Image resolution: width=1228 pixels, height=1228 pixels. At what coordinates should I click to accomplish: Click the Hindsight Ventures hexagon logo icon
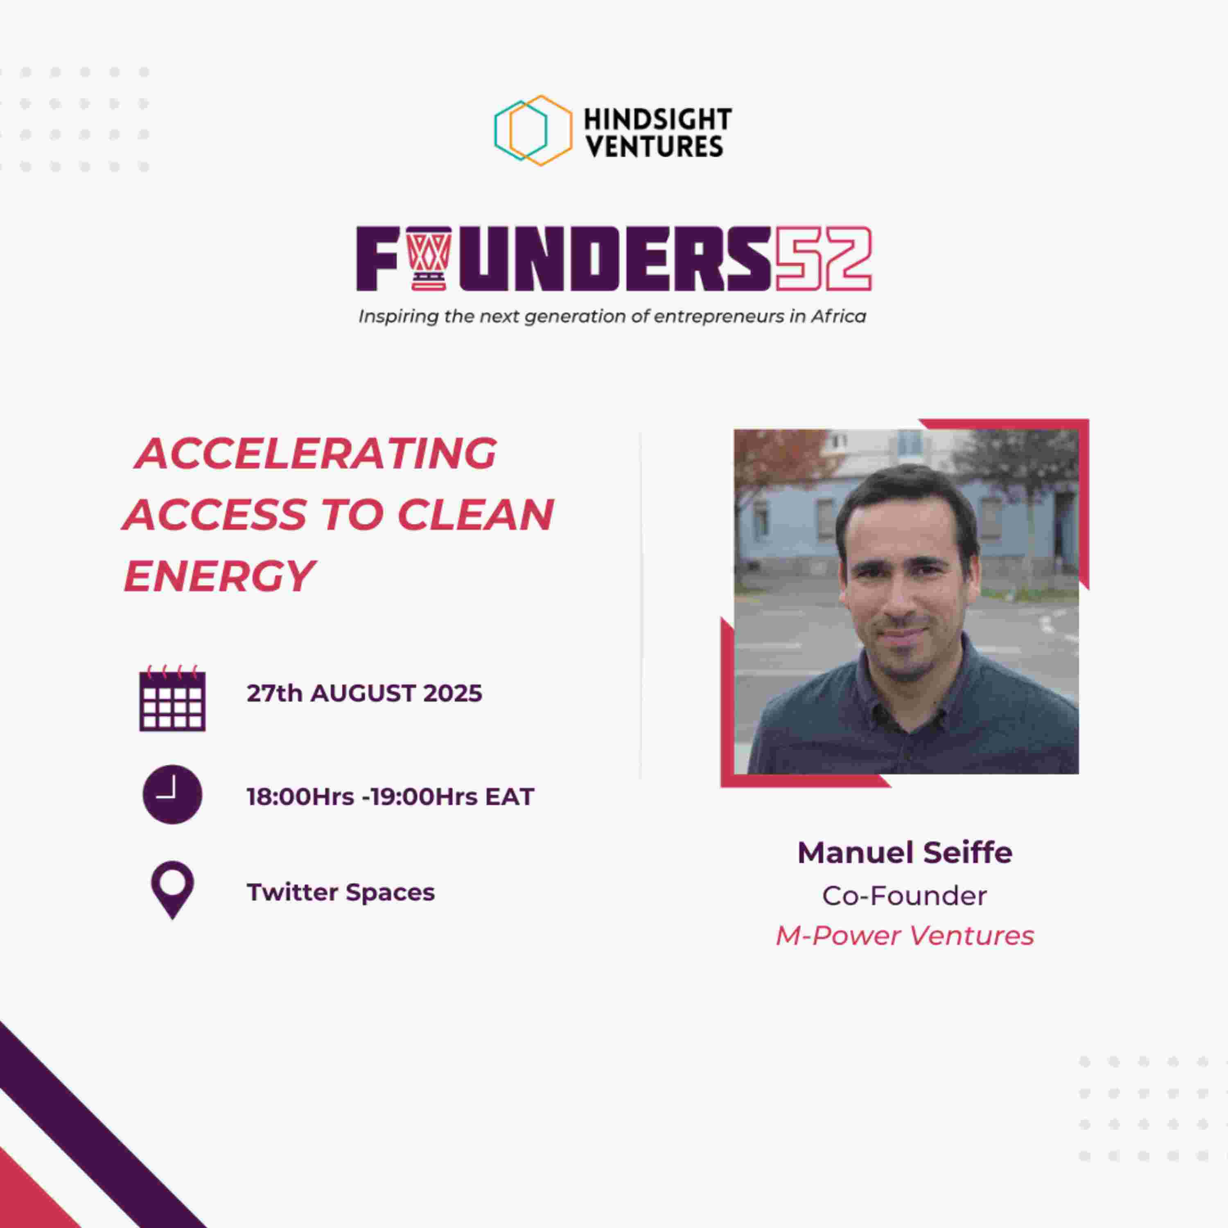pos(533,130)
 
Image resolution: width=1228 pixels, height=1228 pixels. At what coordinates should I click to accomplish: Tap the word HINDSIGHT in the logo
pos(658,119)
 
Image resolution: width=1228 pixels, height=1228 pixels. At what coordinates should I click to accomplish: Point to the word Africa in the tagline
pos(838,316)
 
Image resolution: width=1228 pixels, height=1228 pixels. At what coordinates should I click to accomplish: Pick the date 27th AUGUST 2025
pos(364,693)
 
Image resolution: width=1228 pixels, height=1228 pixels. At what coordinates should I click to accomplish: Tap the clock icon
pos(172,795)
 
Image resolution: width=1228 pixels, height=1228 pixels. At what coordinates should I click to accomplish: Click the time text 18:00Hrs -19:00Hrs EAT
pos(390,797)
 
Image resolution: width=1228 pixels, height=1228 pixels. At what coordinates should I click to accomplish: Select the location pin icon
pos(172,890)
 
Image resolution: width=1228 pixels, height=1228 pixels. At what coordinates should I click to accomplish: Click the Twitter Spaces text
pos(341,892)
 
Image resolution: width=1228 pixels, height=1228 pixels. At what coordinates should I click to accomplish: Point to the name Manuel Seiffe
pos(905,852)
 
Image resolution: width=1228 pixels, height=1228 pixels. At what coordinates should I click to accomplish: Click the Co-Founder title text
pos(905,896)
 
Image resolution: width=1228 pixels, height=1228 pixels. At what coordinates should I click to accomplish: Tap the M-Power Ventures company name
pos(905,936)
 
